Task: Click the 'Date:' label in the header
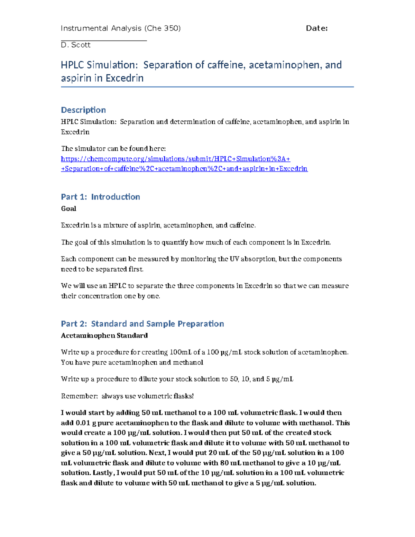pos(316,28)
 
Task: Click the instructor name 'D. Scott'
pos(75,45)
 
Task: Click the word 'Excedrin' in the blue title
pos(124,78)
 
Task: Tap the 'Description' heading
pos(83,110)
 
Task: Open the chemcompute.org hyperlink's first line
pos(175,159)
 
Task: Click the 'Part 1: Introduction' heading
pos(100,197)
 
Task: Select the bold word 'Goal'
pos(68,209)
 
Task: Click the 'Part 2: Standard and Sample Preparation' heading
pos(142,324)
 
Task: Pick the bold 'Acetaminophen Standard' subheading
pos(104,335)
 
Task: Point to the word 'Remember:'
pos(79,396)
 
